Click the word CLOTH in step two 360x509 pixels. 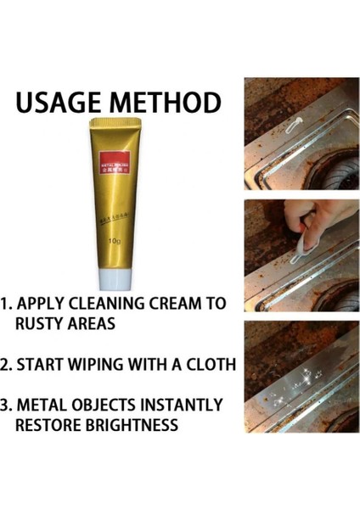coord(206,365)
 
